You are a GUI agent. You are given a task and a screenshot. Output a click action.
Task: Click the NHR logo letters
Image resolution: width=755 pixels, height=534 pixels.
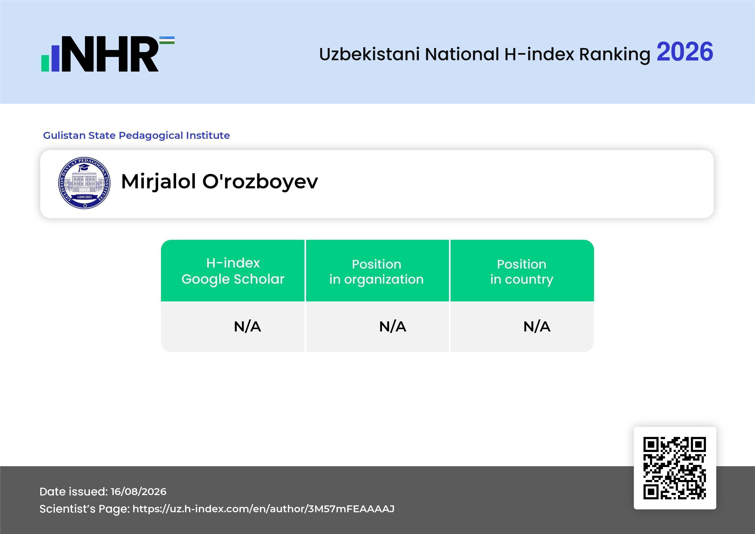pos(110,54)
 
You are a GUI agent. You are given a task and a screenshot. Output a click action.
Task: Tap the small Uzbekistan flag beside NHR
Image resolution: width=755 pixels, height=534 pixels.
pos(167,40)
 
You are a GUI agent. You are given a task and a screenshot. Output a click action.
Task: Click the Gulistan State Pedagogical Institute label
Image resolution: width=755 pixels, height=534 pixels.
pos(136,135)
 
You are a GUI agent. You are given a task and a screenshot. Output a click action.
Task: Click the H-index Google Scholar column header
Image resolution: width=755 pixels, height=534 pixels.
pos(233,271)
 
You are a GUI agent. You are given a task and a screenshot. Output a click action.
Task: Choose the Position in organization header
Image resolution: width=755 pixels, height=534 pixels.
pos(376,272)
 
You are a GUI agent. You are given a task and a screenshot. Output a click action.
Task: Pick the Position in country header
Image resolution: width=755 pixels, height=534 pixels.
pos(521,272)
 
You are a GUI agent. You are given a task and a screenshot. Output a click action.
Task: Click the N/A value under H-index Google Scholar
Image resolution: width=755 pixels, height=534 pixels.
pos(247,327)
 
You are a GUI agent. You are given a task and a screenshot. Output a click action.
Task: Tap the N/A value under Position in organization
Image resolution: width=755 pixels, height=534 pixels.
pos(393,327)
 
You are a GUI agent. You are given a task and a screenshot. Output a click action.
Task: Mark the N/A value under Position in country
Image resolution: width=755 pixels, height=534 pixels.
pos(537,327)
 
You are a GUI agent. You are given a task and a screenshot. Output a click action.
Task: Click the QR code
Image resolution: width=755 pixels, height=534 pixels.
pos(675,468)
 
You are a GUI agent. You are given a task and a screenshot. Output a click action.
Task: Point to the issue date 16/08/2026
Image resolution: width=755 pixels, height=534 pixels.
pos(138,492)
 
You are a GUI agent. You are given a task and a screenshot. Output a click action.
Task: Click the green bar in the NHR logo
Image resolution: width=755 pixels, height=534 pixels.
pos(45,63)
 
